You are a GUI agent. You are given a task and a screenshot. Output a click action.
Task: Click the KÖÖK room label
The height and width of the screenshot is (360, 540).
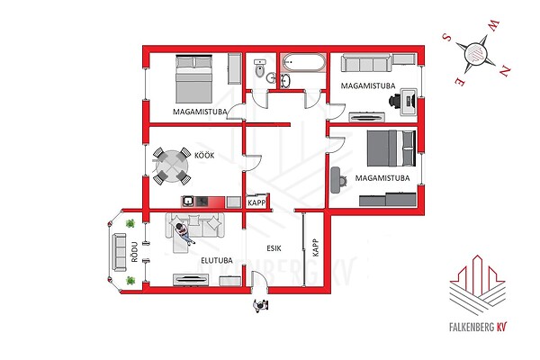pyautogui.click(x=204, y=156)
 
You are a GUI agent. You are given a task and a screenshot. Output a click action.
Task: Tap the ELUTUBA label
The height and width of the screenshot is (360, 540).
pyautogui.click(x=217, y=260)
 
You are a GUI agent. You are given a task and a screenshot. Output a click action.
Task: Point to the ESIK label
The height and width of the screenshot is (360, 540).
pyautogui.click(x=274, y=248)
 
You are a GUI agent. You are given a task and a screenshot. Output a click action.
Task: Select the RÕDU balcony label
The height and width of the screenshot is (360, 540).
pyautogui.click(x=134, y=252)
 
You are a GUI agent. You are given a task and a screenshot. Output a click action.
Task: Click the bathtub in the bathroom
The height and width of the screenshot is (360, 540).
pyautogui.click(x=303, y=62)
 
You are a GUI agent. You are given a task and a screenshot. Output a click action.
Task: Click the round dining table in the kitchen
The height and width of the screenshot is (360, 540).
pyautogui.click(x=172, y=166)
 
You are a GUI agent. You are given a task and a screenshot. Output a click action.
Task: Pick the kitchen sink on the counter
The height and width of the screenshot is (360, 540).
pyautogui.click(x=188, y=202)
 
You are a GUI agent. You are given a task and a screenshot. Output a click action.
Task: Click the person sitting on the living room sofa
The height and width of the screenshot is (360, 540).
pyautogui.click(x=184, y=233)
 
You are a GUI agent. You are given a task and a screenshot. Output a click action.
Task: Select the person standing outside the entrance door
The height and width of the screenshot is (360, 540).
pyautogui.click(x=260, y=305)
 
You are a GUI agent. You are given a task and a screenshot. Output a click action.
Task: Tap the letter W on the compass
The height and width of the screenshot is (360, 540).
pyautogui.click(x=492, y=26)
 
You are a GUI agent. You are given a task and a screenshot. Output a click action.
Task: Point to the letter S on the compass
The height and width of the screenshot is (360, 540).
pyautogui.click(x=446, y=37)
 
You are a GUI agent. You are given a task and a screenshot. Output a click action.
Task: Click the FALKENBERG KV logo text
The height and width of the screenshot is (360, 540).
pyautogui.click(x=479, y=327)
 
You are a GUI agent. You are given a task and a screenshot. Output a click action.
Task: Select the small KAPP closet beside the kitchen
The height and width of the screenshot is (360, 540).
pyautogui.click(x=256, y=202)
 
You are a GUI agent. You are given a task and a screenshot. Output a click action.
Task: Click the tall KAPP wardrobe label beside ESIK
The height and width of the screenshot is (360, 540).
pyautogui.click(x=316, y=247)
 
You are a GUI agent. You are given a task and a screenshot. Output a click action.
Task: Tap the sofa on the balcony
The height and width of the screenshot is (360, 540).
pyautogui.click(x=120, y=252)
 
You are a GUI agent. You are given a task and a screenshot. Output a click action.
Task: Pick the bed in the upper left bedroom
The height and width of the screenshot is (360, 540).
pyautogui.click(x=193, y=78)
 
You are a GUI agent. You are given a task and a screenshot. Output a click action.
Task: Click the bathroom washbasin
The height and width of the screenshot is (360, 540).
pyautogui.click(x=285, y=81)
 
